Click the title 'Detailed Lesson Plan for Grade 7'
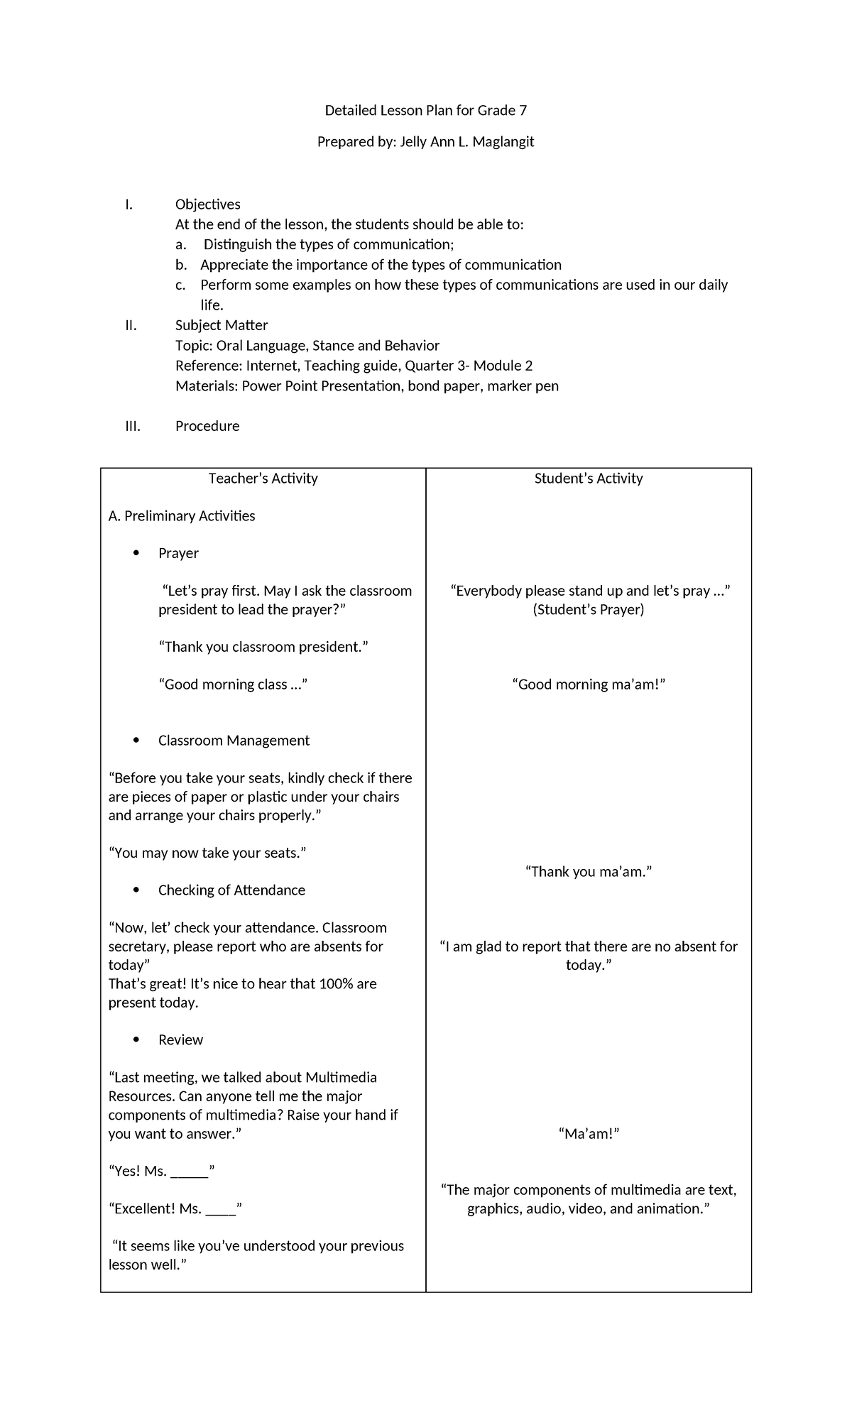tap(425, 110)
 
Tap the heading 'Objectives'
tap(207, 204)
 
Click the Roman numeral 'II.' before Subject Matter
tap(130, 325)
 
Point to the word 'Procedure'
tap(207, 426)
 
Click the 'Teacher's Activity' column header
tap(263, 479)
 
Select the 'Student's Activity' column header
tap(588, 479)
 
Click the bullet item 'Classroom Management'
tap(234, 741)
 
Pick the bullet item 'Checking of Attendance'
tap(231, 890)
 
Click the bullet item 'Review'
tap(180, 1040)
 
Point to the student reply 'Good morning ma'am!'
tap(588, 684)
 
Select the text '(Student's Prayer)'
tap(588, 610)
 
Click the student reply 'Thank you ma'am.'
tap(588, 872)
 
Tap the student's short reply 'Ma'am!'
tap(589, 1134)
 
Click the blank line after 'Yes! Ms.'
tap(190, 1172)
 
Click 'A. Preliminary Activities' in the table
tap(182, 516)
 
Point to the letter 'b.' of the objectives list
tap(181, 265)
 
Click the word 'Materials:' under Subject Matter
tap(207, 386)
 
